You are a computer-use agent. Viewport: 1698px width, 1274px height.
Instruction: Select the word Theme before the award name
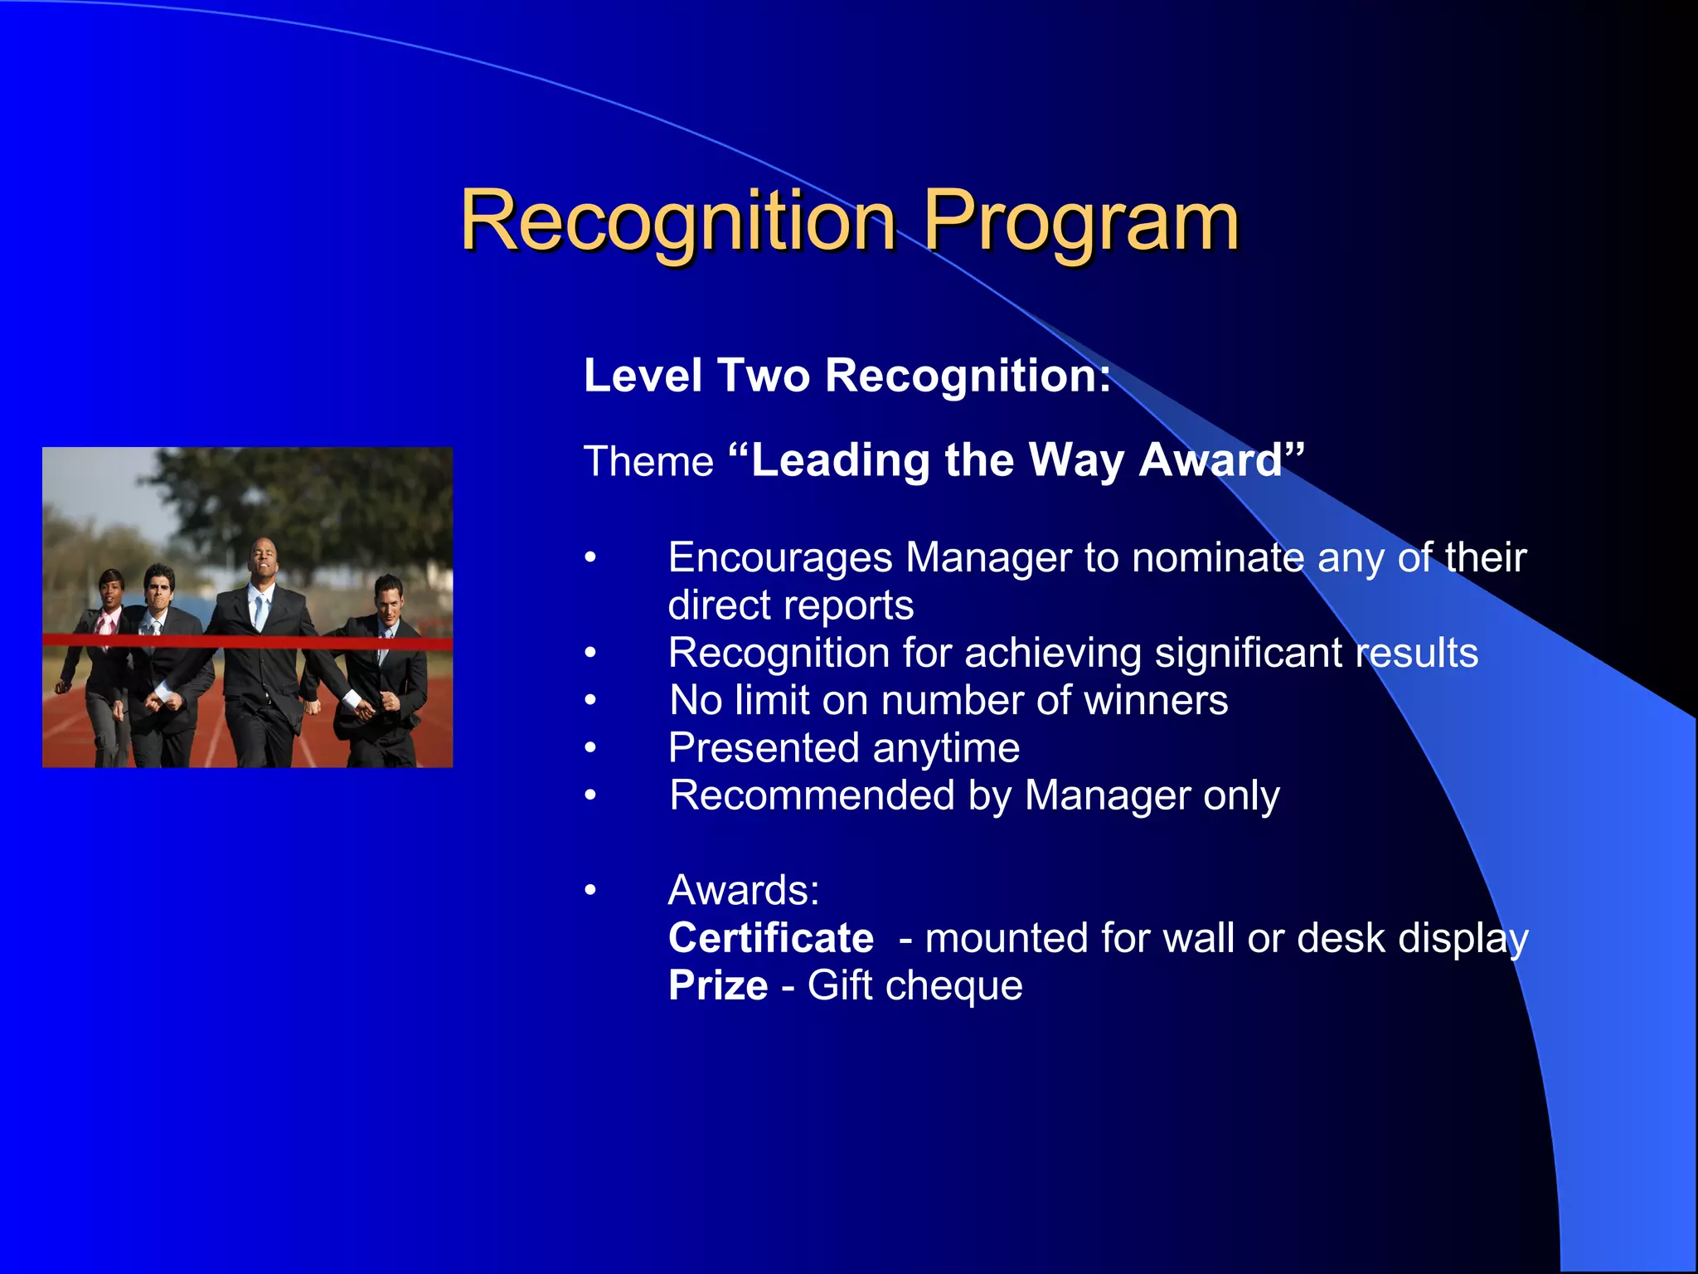(648, 462)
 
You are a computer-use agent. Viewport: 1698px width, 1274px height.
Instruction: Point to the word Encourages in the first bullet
(779, 557)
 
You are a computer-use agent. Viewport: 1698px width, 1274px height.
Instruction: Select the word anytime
(945, 749)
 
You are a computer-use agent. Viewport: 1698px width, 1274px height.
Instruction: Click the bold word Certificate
(771, 938)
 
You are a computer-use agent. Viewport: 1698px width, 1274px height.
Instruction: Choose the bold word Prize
(718, 986)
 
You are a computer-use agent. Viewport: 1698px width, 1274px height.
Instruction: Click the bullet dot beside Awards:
(590, 891)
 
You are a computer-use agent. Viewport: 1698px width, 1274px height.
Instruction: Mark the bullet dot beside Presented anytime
(590, 748)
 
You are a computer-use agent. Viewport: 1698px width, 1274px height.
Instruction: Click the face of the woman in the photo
(110, 588)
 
